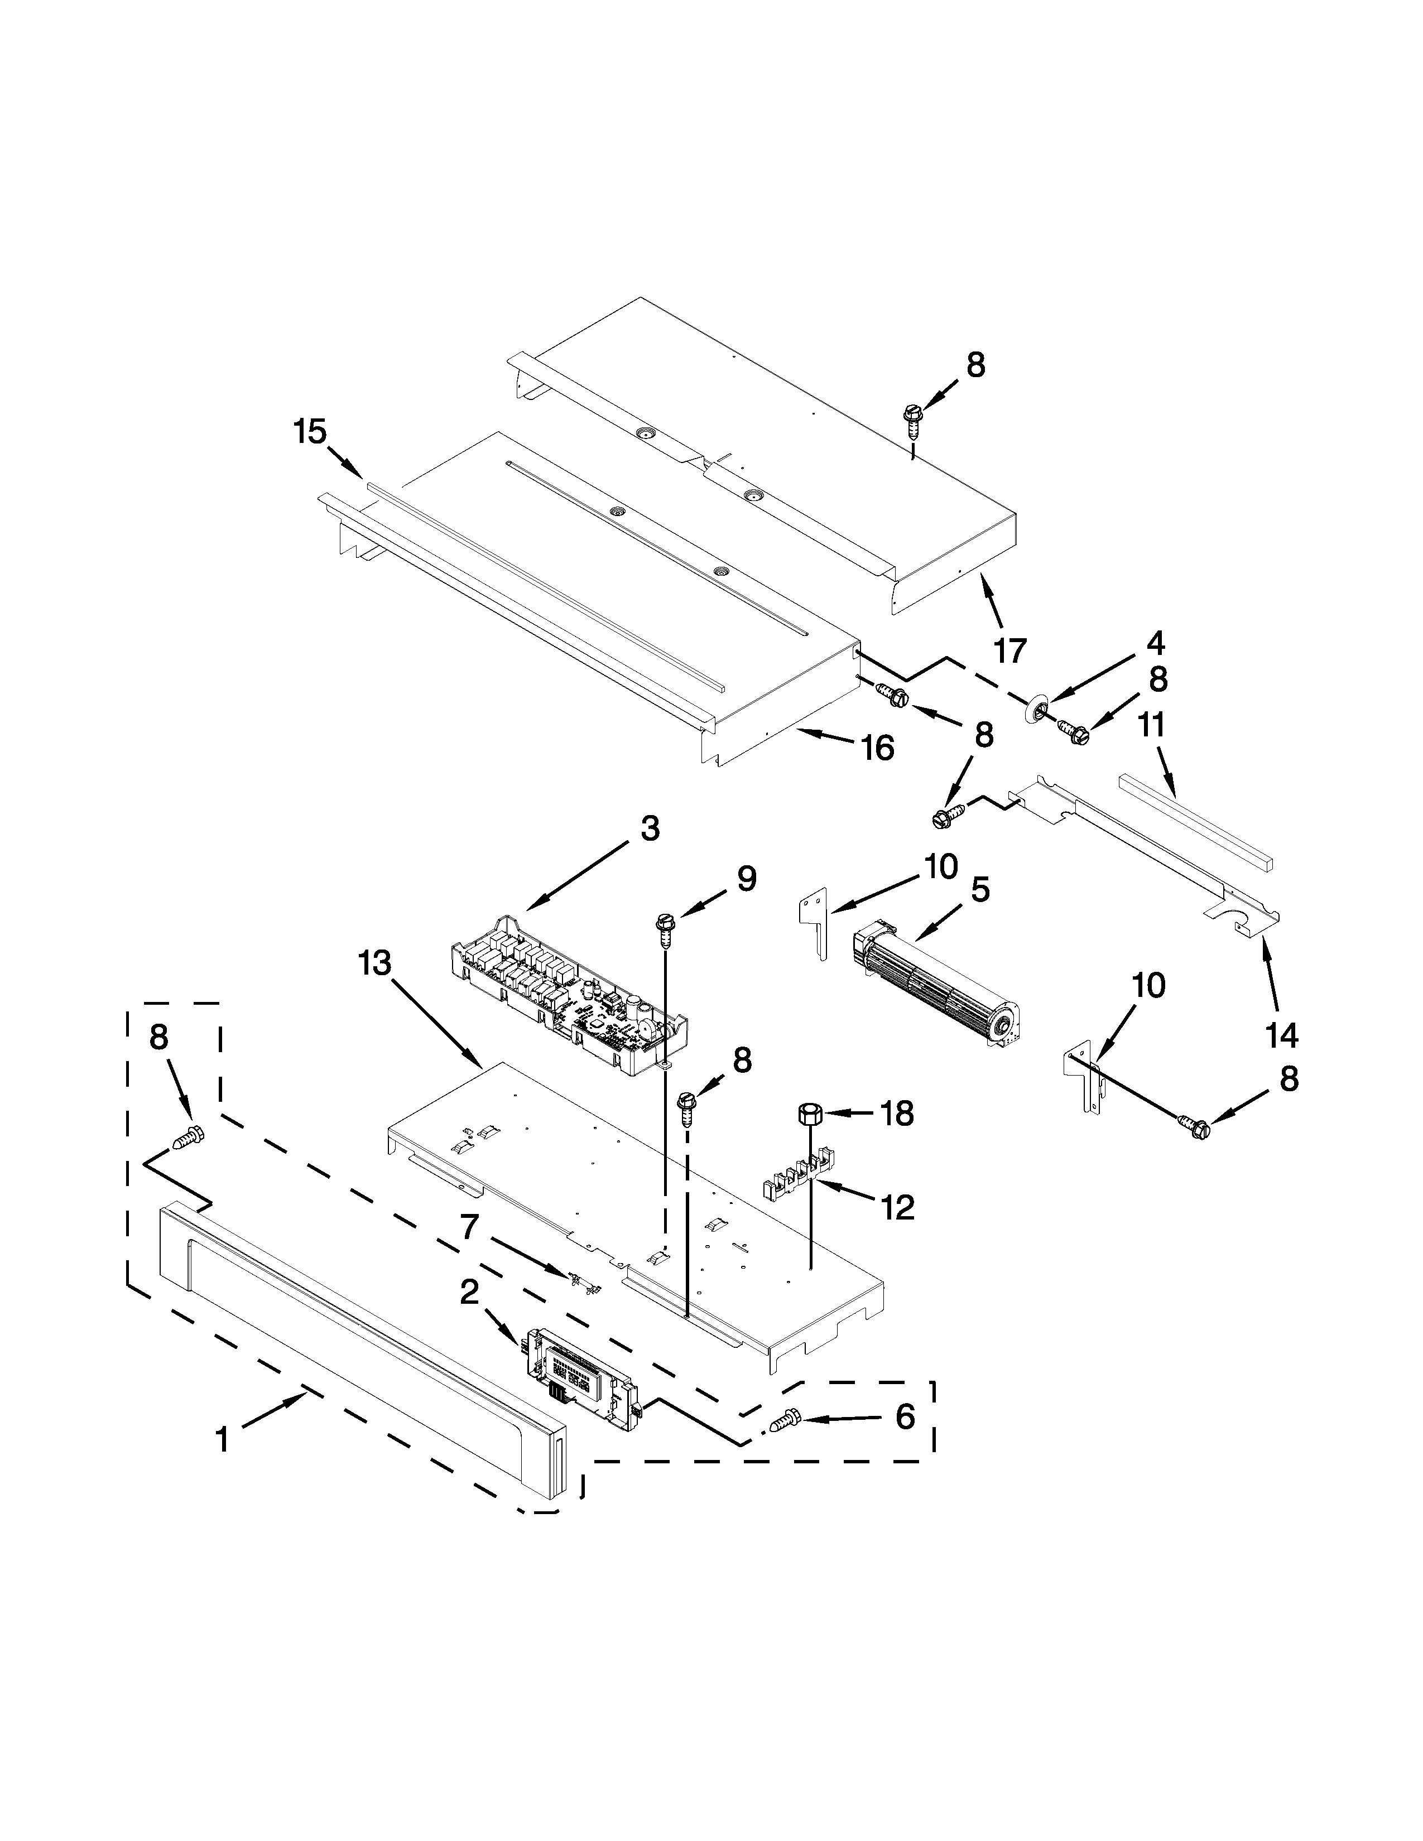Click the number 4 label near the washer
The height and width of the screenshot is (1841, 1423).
1155,643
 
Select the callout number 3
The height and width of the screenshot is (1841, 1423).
649,828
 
